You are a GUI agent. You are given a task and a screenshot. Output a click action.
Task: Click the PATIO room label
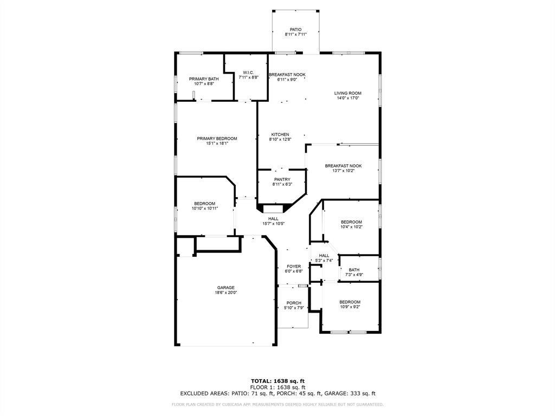coord(295,30)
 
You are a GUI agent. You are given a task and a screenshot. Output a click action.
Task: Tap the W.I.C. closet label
coord(248,73)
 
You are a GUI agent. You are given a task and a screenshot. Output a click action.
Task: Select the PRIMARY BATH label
coord(204,79)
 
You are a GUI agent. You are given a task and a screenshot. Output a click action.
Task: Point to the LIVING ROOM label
coord(347,93)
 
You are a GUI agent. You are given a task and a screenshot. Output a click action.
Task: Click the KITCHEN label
coord(280,134)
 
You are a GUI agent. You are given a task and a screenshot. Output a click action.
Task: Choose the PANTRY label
coord(282,179)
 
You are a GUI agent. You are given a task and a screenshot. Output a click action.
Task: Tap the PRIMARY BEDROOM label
coord(217,139)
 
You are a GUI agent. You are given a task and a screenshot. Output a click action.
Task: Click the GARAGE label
coord(226,288)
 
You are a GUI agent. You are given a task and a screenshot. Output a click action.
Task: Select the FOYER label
coord(294,266)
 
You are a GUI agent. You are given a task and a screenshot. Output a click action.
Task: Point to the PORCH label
coord(294,303)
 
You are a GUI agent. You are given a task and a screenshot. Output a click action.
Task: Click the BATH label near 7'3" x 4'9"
coord(354,270)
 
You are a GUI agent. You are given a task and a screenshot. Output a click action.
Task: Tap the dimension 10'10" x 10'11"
coord(204,208)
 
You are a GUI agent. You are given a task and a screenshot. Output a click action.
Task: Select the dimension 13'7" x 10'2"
coord(343,171)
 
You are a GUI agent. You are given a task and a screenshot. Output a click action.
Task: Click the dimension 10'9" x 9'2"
coord(350,307)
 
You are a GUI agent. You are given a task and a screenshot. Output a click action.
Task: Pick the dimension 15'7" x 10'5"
coord(273,223)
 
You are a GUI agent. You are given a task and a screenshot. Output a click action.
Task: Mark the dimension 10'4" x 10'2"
coord(351,226)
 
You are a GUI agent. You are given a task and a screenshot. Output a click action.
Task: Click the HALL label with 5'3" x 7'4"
coord(324,256)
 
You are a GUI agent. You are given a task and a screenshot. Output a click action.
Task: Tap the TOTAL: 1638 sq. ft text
coord(277,381)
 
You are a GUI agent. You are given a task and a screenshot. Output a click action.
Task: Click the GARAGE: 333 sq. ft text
coord(354,394)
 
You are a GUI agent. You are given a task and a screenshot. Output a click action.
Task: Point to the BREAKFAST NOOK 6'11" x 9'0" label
coord(287,75)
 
